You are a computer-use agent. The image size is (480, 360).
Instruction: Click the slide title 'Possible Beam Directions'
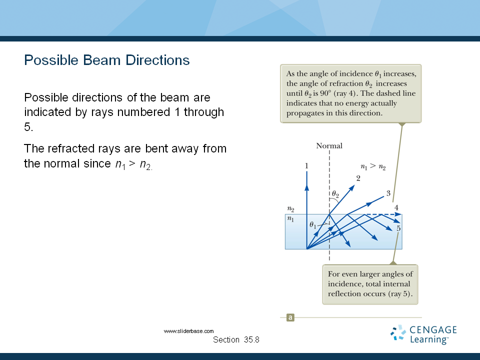[107, 60]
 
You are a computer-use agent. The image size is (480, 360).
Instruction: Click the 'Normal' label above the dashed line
[329, 145]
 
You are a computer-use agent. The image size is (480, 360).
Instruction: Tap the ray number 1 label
[306, 166]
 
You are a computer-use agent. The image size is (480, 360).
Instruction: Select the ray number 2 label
[358, 178]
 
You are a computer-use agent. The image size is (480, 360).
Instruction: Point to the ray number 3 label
[388, 193]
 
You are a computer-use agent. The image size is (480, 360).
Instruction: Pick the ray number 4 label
[396, 207]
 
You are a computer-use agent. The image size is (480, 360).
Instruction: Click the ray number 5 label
[398, 228]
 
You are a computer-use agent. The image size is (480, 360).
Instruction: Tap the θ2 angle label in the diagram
[335, 194]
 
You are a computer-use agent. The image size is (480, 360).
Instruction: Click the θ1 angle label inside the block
[313, 225]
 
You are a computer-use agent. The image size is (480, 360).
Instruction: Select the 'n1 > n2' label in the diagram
[373, 166]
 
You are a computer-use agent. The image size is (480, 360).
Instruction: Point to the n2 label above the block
[290, 209]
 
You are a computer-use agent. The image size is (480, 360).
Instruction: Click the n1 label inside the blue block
[290, 219]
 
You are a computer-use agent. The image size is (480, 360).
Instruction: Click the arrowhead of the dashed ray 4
[398, 214]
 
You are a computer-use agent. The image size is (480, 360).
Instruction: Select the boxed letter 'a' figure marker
[290, 317]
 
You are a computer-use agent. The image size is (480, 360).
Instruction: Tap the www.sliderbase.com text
[188, 331]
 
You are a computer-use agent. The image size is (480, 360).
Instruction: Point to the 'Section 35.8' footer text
[236, 339]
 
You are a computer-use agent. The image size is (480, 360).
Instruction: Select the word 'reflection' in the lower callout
[341, 294]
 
